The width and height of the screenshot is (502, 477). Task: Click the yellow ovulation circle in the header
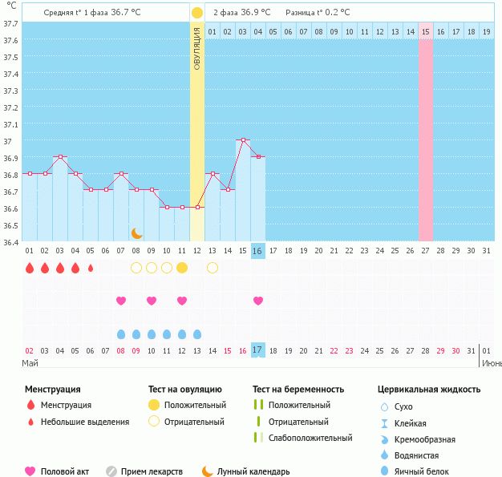point(196,13)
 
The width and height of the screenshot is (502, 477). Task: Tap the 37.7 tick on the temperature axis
point(10,24)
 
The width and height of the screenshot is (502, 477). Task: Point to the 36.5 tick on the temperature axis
point(10,225)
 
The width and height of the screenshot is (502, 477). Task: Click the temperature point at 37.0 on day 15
point(243,139)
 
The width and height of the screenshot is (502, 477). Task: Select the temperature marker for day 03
point(59,156)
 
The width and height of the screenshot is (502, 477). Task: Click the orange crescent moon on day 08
point(137,232)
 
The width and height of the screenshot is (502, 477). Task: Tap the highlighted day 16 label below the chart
point(257,251)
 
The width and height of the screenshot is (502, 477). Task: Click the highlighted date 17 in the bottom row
point(257,350)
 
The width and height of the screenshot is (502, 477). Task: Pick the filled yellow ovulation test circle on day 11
point(182,268)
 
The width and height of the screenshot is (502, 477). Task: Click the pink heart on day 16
point(258,301)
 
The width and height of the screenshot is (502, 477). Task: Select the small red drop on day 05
point(91,268)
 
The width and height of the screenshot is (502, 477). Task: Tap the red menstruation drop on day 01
point(30,268)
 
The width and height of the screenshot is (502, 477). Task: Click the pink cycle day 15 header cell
point(426,31)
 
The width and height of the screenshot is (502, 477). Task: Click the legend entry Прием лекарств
point(152,471)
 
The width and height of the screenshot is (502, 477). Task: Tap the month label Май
point(30,363)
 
